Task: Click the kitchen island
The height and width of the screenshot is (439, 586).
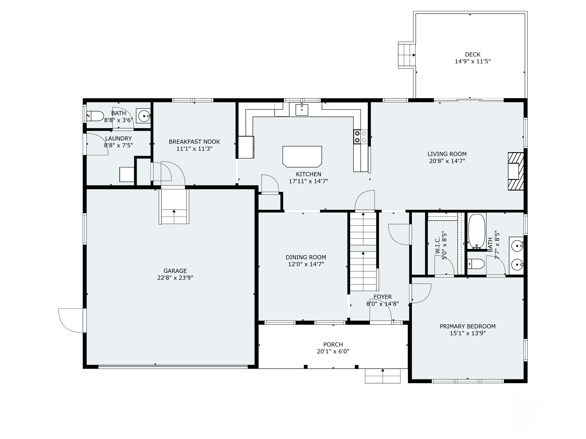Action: pos(302,157)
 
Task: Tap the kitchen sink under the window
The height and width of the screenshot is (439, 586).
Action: pos(302,109)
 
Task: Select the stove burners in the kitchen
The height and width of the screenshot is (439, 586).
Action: pos(361,137)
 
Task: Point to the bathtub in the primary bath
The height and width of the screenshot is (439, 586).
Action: pos(477,232)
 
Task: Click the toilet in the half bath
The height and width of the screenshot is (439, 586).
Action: pos(95,116)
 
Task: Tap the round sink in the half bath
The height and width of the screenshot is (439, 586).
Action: pos(144,116)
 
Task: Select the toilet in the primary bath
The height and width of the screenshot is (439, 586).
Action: pos(476,264)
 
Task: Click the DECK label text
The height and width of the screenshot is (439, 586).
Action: pos(473,54)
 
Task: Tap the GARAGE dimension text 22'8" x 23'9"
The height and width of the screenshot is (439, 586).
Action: pos(175,278)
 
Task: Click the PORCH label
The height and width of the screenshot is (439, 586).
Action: pos(333,345)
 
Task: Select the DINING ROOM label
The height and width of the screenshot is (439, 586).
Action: pos(306,257)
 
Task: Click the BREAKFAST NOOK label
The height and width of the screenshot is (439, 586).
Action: pos(194,142)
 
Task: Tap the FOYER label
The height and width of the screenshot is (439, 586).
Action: pos(382,297)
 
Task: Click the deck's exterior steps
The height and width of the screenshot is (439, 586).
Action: pos(406,55)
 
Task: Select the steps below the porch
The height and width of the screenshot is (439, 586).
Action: pos(382,376)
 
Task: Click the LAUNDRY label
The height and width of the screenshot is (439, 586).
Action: pos(118,138)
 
